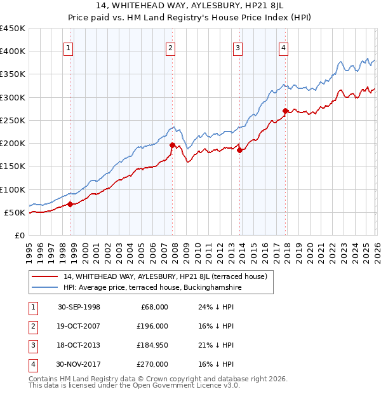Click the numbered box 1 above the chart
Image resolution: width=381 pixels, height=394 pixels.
(x=68, y=47)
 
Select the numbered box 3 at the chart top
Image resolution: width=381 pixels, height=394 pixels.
(x=237, y=47)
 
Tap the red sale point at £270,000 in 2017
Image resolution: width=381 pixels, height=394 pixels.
(x=286, y=111)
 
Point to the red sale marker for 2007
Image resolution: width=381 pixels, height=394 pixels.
(x=172, y=145)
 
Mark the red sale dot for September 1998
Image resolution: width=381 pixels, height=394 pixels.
(x=70, y=204)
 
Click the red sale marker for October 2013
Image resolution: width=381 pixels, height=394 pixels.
(x=240, y=150)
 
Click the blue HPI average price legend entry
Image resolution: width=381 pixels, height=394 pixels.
(x=152, y=287)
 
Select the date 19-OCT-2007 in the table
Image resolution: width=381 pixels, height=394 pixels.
(x=79, y=326)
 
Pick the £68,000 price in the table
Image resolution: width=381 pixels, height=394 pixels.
(x=154, y=307)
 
